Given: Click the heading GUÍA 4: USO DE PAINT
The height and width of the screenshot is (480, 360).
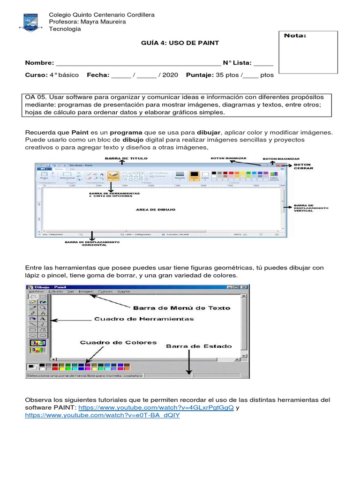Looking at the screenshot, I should pos(180,43).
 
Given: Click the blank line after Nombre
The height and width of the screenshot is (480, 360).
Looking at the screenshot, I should pos(138,63).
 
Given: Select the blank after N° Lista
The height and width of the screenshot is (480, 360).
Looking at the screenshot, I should pos(263,63).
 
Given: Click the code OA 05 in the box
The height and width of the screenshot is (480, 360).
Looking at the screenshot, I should pos(36,97).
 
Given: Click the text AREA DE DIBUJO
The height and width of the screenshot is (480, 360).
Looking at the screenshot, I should pos(156,210).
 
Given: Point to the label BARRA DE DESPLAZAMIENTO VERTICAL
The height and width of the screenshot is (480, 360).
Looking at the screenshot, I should pos(311,208).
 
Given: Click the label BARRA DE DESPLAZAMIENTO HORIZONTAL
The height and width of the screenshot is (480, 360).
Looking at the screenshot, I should pos(92,244).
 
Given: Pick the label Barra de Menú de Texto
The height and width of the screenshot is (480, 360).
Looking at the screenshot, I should pos(175,308).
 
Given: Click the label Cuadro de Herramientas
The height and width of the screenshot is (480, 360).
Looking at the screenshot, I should pos(144,319).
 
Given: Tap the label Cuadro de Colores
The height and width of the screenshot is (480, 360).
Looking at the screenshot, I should pos(118,343).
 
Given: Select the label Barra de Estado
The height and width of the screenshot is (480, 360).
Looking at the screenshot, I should pos(199,346).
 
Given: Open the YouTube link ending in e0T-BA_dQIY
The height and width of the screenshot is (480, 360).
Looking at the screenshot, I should pos(102,415).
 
